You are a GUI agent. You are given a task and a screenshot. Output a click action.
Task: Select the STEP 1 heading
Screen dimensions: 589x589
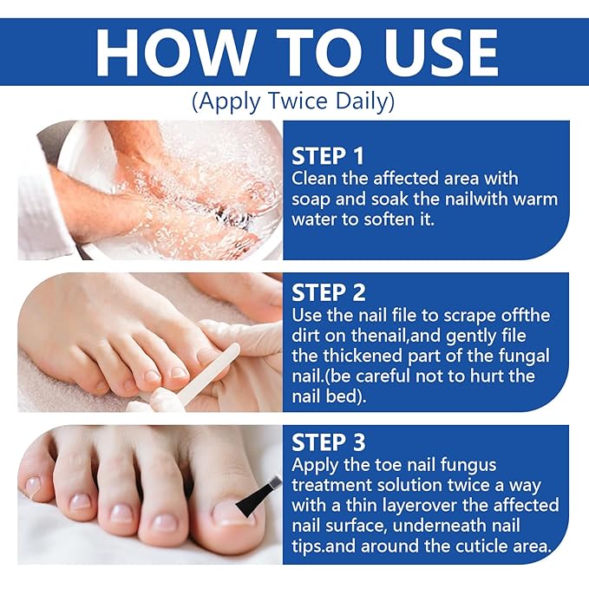(x=328, y=156)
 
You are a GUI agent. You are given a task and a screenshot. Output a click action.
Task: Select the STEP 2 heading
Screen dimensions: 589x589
(x=328, y=291)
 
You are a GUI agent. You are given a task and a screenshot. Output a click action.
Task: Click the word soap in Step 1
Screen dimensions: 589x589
(x=311, y=200)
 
